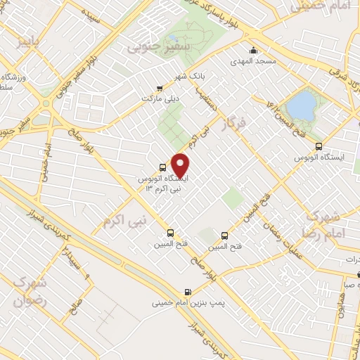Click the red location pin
tap(181, 165)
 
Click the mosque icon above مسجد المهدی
tap(254, 51)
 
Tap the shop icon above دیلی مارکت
tap(160, 89)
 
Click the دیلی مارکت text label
tap(161, 99)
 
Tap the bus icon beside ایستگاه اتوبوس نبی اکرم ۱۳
tap(163, 168)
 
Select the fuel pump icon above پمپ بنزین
tap(188, 292)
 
